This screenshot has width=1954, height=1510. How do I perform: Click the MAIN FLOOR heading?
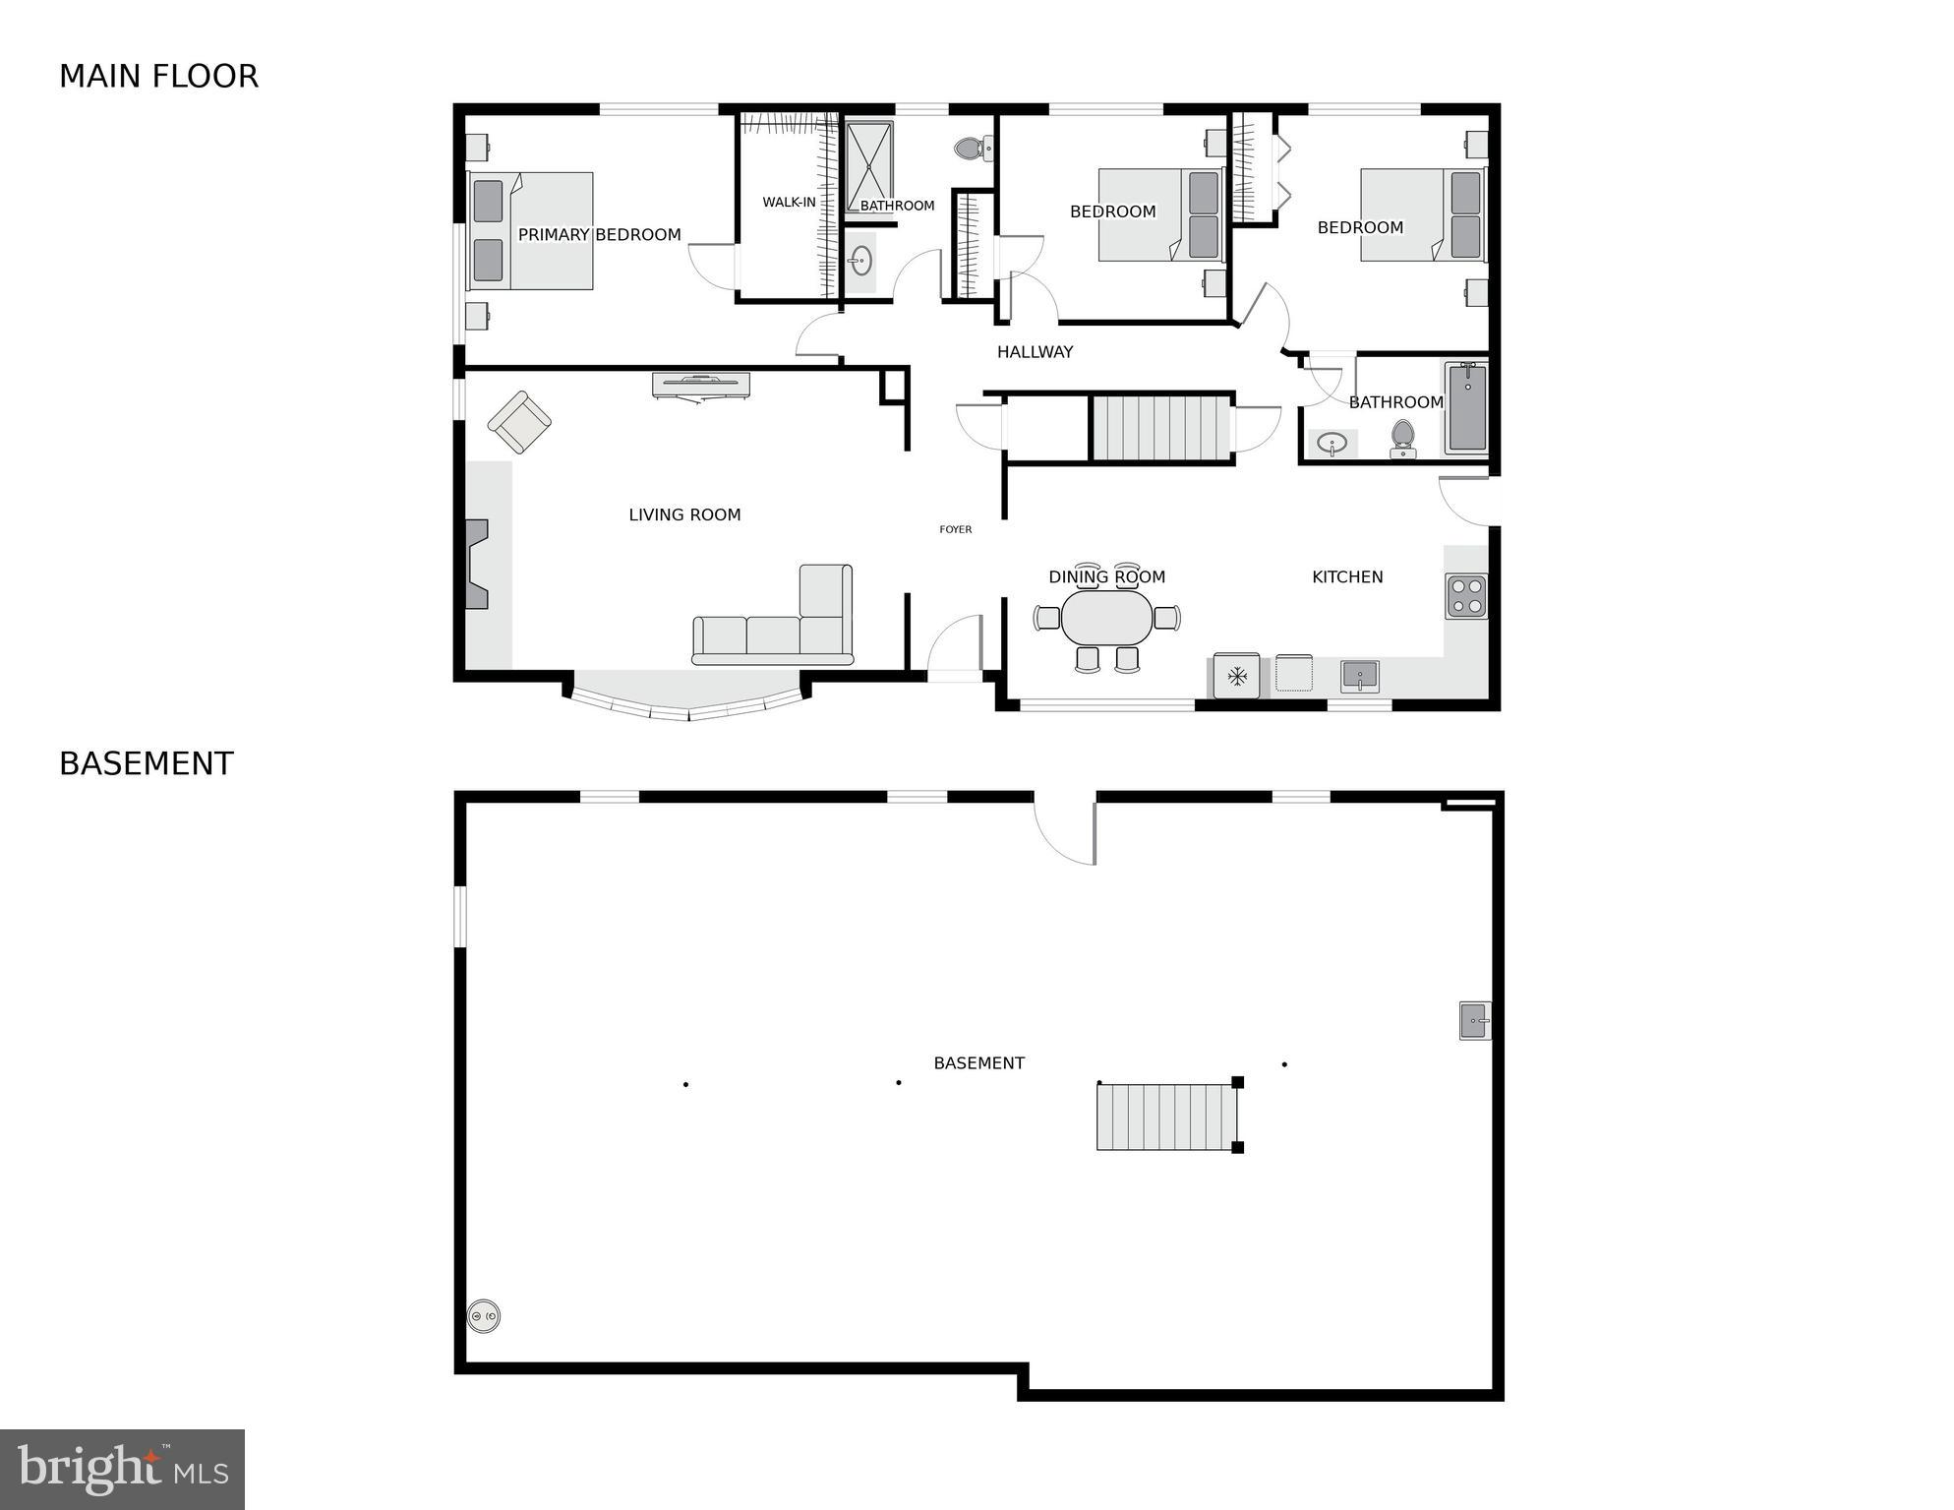coord(158,77)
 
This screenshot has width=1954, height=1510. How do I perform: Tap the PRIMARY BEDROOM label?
coord(599,235)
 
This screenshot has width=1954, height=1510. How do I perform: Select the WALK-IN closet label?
coord(789,203)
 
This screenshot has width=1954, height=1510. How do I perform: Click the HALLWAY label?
coord(1035,352)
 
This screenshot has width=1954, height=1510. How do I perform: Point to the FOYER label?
coord(955,529)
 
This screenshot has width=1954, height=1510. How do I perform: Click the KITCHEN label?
coord(1347,577)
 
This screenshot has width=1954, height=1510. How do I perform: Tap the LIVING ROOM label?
coord(684,514)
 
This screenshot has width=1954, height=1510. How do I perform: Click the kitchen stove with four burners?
coord(1465,595)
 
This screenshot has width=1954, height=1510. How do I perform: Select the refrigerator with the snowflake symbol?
coord(1236,676)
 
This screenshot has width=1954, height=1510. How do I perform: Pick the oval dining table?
coord(1106,618)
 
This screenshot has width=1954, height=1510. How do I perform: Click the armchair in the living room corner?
coord(519,422)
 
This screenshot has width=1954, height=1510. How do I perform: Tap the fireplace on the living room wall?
coord(478,564)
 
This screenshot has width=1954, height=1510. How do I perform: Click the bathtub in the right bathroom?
coord(1467,408)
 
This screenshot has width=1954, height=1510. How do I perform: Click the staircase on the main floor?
coord(1160,428)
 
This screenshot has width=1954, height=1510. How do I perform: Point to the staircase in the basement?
coord(1165,1117)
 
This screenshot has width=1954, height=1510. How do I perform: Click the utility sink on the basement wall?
coord(1474,1020)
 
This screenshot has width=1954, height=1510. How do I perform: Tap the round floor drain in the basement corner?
coord(483,1315)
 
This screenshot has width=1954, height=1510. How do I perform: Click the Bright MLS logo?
coord(122,1469)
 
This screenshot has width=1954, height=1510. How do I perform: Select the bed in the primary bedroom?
coord(531,231)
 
